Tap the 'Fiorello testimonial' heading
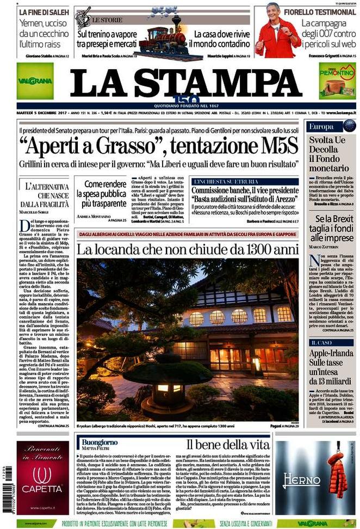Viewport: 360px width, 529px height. pyautogui.click(x=321, y=11)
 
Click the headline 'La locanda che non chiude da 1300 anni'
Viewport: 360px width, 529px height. pyautogui.click(x=188, y=249)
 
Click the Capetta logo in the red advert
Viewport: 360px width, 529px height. pyautogui.click(x=42, y=482)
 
